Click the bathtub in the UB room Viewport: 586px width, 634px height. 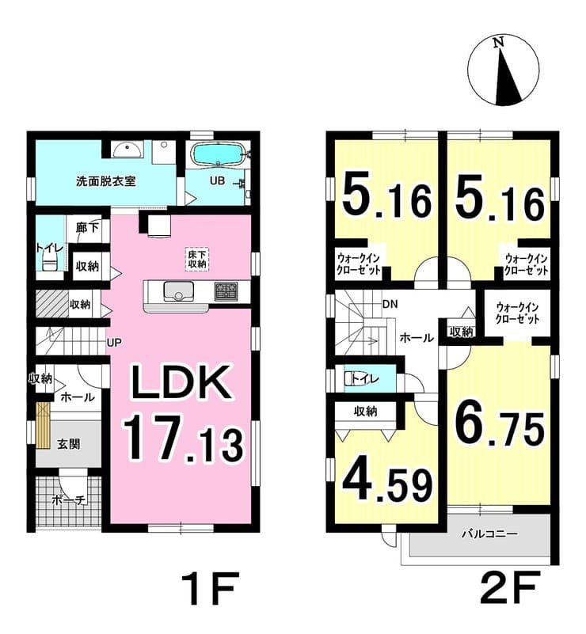pyautogui.click(x=218, y=154)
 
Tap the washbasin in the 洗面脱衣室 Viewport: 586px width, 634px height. pyautogui.click(x=127, y=150)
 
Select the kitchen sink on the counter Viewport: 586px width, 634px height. pyautogui.click(x=177, y=290)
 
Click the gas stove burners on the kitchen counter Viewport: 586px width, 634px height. pyautogui.click(x=226, y=291)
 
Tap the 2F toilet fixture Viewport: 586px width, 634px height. pyautogui.click(x=352, y=379)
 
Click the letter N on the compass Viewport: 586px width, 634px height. pyautogui.click(x=498, y=42)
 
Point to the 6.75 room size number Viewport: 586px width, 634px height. pyautogui.click(x=500, y=427)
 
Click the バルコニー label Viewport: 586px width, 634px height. pyautogui.click(x=489, y=534)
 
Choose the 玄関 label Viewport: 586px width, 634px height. pyautogui.click(x=68, y=444)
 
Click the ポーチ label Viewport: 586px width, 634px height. pyautogui.click(x=69, y=500)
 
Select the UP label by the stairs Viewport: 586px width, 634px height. pyautogui.click(x=114, y=343)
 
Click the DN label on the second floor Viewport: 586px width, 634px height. pyautogui.click(x=390, y=304)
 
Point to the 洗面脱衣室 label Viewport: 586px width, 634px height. pyautogui.click(x=106, y=181)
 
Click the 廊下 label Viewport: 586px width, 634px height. pyautogui.click(x=87, y=228)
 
